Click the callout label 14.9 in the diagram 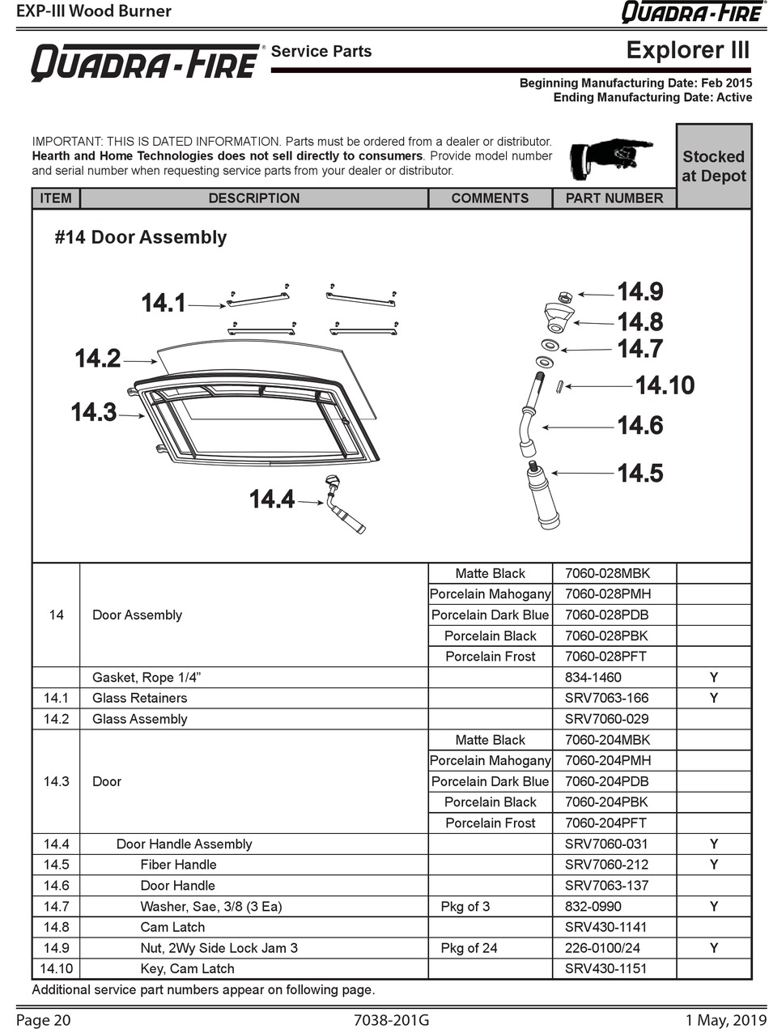[639, 292]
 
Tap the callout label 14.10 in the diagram [664, 385]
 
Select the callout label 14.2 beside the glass [98, 359]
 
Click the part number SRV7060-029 [606, 719]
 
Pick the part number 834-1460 [593, 677]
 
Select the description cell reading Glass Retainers [139, 698]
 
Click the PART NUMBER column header [614, 198]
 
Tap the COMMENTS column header [490, 198]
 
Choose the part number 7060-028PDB [607, 614]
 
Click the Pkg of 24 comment [469, 948]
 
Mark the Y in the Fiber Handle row [714, 865]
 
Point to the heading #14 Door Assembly [141, 237]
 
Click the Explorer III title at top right [688, 51]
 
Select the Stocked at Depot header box [713, 166]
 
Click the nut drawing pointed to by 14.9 [567, 297]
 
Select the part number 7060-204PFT [606, 823]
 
